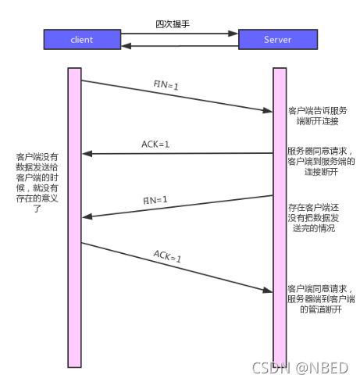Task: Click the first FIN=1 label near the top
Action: (166, 84)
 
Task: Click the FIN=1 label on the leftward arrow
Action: (155, 200)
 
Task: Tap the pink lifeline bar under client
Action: (74, 219)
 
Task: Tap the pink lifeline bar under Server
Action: (280, 219)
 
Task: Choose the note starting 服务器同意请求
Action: (321, 161)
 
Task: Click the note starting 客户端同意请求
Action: (321, 298)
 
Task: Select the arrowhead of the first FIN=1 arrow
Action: (267, 109)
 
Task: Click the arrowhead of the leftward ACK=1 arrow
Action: (87, 153)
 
